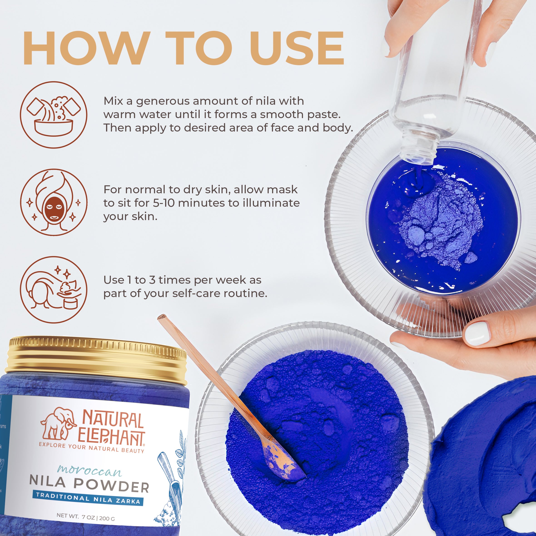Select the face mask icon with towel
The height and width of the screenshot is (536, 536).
click(54, 202)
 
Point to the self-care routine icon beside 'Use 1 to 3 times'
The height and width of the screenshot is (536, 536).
click(54, 289)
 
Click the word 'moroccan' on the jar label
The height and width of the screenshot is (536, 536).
click(89, 470)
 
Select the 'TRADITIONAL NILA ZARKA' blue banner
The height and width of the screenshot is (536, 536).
click(88, 499)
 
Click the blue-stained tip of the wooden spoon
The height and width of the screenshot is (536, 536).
click(286, 466)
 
